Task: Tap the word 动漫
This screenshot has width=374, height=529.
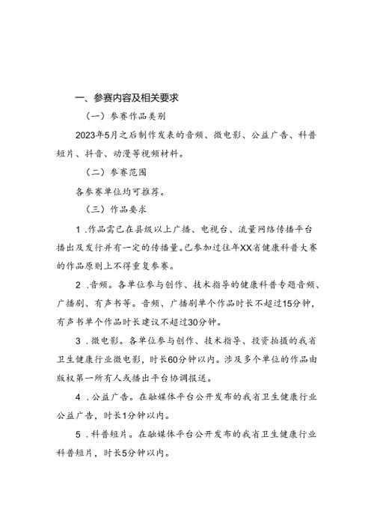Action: coord(135,153)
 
